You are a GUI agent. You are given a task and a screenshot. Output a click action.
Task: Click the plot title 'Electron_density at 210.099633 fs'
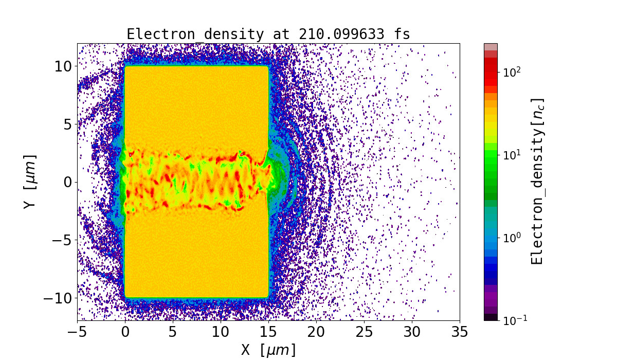click(x=268, y=34)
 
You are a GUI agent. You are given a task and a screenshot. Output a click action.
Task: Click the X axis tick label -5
click(x=78, y=332)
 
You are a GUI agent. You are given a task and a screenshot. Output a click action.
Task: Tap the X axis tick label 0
click(x=125, y=332)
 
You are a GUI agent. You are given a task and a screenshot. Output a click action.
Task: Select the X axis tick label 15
click(x=268, y=332)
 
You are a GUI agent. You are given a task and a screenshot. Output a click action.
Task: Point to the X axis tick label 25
click(x=364, y=332)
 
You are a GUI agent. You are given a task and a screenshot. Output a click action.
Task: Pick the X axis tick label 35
click(x=460, y=332)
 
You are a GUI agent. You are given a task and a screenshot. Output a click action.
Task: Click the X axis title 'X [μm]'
click(x=268, y=350)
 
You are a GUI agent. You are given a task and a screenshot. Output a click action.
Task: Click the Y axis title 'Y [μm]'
click(x=29, y=182)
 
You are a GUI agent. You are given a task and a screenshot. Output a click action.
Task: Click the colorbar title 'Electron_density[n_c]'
click(x=537, y=182)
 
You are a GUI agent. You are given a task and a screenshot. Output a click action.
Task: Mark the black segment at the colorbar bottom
click(x=491, y=317)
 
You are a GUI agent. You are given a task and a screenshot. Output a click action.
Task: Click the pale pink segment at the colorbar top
click(x=491, y=47)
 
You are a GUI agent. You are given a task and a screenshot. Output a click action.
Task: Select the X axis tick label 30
click(x=412, y=332)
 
